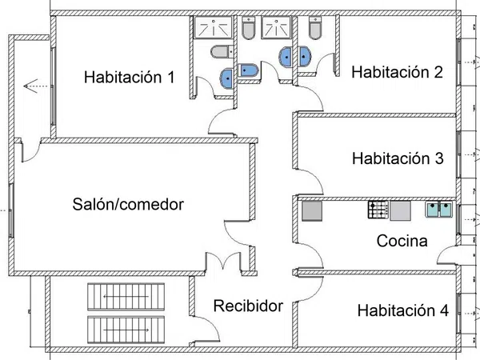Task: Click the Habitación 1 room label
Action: (x=129, y=77)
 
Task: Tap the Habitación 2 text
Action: (x=397, y=72)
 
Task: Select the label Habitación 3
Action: (x=398, y=158)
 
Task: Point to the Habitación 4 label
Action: (x=403, y=310)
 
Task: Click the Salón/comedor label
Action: (x=128, y=204)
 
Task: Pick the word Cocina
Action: (x=402, y=241)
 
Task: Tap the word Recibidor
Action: (x=248, y=306)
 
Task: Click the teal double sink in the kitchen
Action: (x=439, y=210)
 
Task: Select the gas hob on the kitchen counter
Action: (x=378, y=210)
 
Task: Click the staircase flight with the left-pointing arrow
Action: (x=126, y=297)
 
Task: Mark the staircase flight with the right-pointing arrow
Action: (x=126, y=330)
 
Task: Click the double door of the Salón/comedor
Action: (x=223, y=261)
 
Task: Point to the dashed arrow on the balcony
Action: (x=35, y=86)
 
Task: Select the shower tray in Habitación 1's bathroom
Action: (x=213, y=27)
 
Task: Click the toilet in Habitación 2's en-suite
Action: (x=315, y=28)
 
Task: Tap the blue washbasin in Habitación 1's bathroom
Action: (x=227, y=79)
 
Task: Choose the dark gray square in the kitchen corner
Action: (x=312, y=211)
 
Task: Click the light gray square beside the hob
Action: (x=400, y=210)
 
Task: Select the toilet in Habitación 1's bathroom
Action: (x=222, y=52)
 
